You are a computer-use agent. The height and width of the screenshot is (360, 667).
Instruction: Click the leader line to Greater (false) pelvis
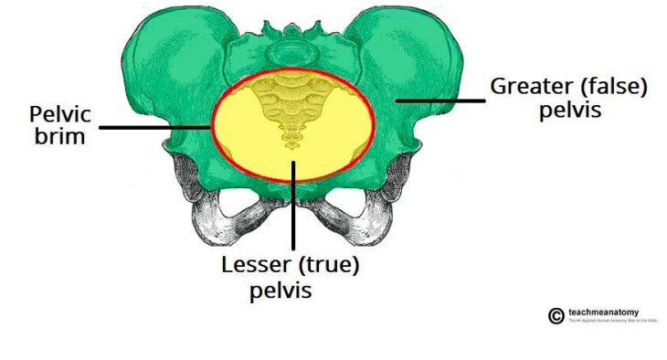(x=439, y=98)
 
